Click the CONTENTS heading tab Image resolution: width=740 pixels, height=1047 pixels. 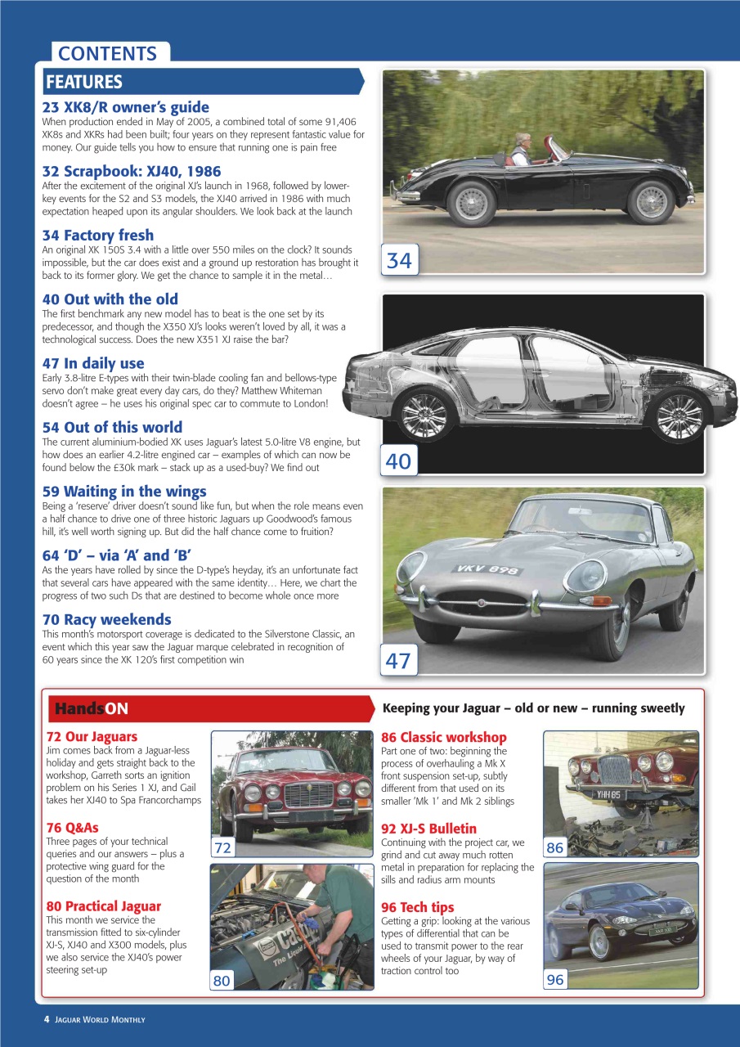click(108, 54)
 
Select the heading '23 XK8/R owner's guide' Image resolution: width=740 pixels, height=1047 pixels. click(125, 107)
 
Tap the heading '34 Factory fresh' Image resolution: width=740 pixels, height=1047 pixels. click(97, 236)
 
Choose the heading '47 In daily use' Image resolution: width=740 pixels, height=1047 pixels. click(92, 363)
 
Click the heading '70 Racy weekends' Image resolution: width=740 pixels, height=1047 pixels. click(106, 619)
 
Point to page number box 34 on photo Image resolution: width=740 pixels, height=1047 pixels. click(399, 260)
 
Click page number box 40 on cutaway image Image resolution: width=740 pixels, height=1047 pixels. click(398, 461)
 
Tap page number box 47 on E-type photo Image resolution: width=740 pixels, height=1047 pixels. click(398, 659)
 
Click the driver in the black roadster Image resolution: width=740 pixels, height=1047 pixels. click(521, 149)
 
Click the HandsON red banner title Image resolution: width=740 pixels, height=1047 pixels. click(91, 708)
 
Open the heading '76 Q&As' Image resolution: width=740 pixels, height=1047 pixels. click(72, 828)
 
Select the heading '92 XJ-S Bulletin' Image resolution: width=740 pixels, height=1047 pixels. click(428, 829)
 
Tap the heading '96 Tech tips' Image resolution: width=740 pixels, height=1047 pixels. click(417, 907)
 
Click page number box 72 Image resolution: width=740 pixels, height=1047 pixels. click(222, 848)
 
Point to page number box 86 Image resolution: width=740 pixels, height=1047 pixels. click(554, 847)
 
